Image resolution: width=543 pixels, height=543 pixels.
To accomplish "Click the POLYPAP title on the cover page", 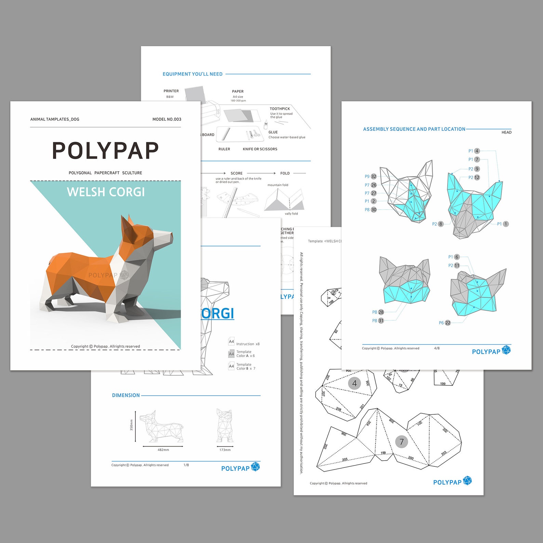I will click(x=105, y=151).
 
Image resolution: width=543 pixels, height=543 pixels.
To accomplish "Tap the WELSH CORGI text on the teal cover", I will click(x=106, y=192).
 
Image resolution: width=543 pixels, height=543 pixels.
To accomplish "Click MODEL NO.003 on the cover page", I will click(x=167, y=119).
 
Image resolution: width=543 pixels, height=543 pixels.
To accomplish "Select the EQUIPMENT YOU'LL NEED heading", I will click(x=193, y=74).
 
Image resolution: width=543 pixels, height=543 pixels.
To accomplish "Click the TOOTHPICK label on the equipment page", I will click(x=280, y=109).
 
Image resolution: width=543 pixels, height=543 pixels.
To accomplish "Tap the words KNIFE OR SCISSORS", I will click(x=260, y=149).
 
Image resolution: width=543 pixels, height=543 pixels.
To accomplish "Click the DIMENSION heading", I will click(x=126, y=395).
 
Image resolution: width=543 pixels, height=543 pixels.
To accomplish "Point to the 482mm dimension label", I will click(x=163, y=450).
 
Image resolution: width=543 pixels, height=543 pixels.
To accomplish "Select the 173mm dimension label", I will click(x=225, y=450).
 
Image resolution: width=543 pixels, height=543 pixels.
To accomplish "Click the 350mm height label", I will click(x=131, y=425).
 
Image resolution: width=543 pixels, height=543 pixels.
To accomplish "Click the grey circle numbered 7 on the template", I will click(x=401, y=442).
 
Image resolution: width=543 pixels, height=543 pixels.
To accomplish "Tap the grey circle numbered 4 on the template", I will click(x=354, y=383).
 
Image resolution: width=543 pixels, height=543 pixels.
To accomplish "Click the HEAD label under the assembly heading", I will click(x=506, y=132).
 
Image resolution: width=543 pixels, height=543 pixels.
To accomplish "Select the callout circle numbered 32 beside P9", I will click(x=374, y=176).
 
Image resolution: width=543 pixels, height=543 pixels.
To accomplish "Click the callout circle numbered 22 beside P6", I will click(x=448, y=323).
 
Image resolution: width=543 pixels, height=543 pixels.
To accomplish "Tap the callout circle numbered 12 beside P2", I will click(x=477, y=177).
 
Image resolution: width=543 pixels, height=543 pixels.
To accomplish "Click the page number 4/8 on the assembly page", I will click(x=437, y=348).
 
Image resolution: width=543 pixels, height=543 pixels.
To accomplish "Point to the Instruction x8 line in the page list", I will click(x=248, y=344).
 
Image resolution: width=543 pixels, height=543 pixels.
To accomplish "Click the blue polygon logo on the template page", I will click(x=467, y=481).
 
